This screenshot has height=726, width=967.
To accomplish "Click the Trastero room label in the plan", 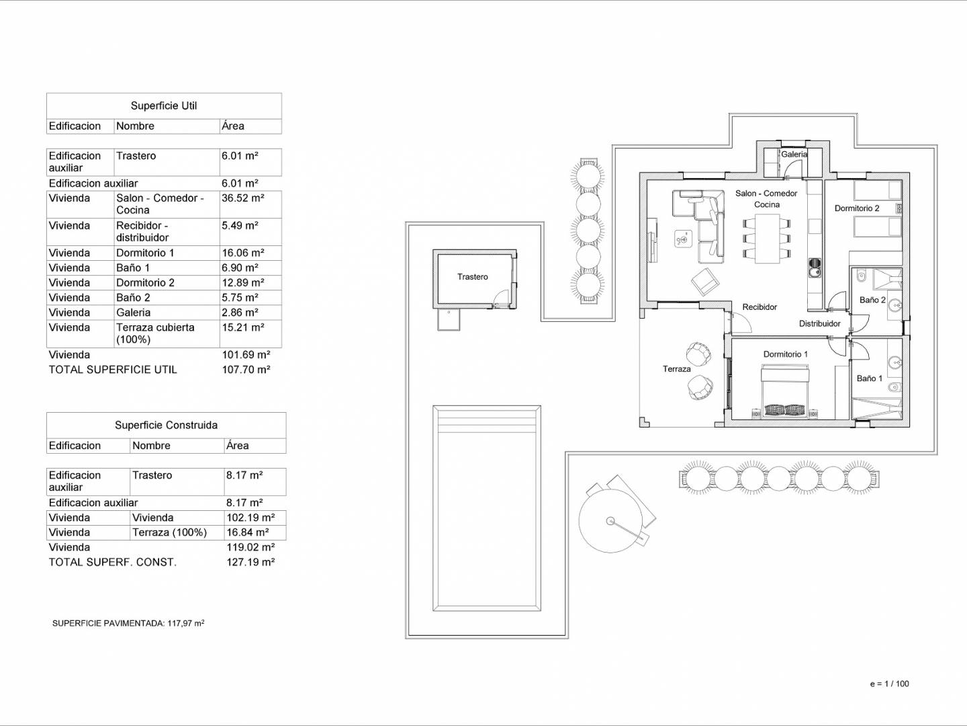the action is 472,277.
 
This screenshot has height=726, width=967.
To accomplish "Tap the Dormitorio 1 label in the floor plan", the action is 786,354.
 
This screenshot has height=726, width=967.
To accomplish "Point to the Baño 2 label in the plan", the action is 872,300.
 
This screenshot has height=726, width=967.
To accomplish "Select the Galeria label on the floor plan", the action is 794,155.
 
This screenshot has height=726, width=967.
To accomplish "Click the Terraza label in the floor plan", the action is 676,369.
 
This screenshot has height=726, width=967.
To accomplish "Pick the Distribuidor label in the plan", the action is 819,323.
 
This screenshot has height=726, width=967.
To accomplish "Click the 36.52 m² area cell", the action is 242,198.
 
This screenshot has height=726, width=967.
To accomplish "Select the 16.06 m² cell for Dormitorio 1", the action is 242,253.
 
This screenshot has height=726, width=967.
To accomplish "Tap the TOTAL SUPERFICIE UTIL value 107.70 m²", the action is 246,370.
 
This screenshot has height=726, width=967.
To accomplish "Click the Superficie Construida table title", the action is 166,425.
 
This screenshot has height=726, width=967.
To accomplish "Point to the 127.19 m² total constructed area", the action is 250,562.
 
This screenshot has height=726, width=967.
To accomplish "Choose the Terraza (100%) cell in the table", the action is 170,532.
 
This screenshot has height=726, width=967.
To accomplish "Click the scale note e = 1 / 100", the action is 890,684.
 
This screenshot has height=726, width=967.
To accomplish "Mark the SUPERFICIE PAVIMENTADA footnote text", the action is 128,623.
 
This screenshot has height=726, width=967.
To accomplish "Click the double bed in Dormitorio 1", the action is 785,391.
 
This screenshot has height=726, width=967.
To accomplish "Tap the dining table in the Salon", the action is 767,239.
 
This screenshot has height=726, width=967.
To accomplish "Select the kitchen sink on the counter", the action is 815,268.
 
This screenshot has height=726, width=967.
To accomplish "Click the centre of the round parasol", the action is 610,521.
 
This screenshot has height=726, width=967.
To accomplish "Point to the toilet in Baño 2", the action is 861,276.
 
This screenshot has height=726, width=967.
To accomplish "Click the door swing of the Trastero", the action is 500,298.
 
